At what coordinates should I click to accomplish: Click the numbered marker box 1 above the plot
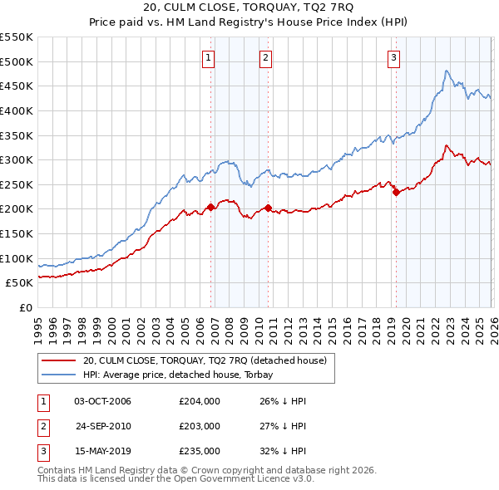click(207, 58)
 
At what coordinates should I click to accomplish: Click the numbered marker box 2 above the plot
click(265, 58)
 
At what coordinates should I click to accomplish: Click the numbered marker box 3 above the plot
click(393, 58)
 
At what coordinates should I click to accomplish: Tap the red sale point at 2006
click(210, 207)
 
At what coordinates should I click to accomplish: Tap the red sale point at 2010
click(269, 208)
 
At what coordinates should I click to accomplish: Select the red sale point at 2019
click(396, 192)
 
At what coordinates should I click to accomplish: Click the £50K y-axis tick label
click(20, 283)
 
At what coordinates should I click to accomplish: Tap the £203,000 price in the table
click(200, 426)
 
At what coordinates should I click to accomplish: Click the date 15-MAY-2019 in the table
click(102, 451)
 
